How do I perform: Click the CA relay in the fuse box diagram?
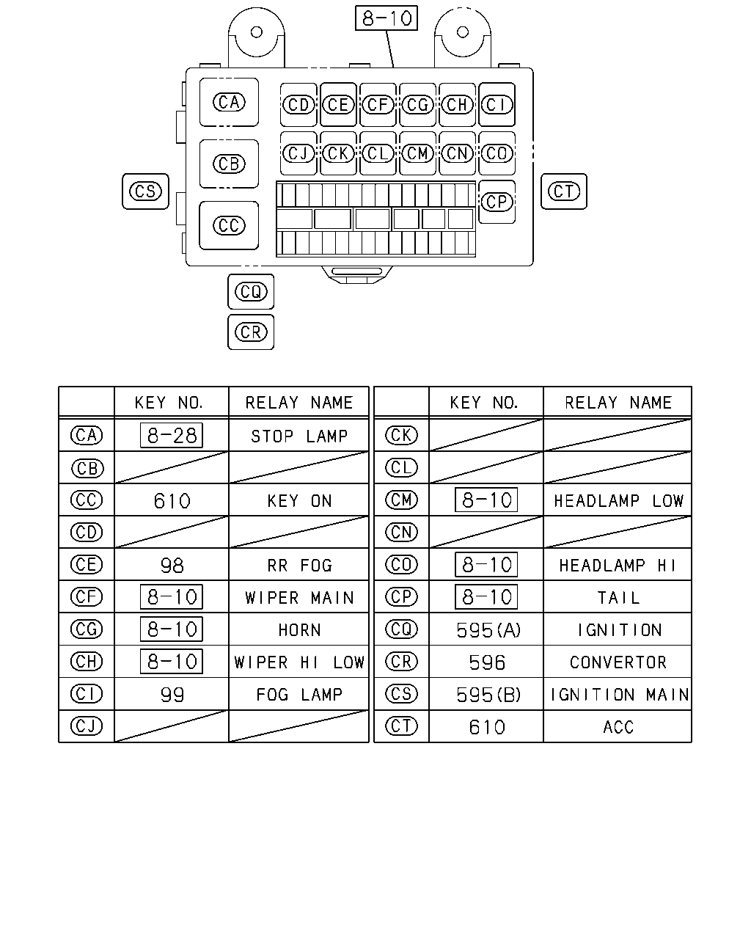point(229,102)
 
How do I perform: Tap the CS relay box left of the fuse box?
point(145,191)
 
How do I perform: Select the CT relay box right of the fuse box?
point(564,191)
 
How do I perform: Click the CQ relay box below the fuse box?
point(251,291)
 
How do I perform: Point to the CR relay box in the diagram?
point(251,332)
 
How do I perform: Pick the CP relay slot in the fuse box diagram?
point(497,202)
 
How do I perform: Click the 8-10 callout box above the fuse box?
point(387,18)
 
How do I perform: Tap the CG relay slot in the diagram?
point(417,105)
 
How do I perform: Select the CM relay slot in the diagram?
point(417,153)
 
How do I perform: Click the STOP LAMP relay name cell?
point(299,436)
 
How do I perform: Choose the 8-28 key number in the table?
point(172,435)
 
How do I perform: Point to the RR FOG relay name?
point(300,566)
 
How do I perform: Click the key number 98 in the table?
point(172,566)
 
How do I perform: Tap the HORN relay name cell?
point(300,629)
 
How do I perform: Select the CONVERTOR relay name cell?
point(618,662)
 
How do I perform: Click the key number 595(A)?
point(488,629)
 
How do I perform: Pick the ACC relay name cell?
point(618,727)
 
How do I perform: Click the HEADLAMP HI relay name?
point(618,566)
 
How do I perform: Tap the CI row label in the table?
point(87,694)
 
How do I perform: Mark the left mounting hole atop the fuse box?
point(257,32)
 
